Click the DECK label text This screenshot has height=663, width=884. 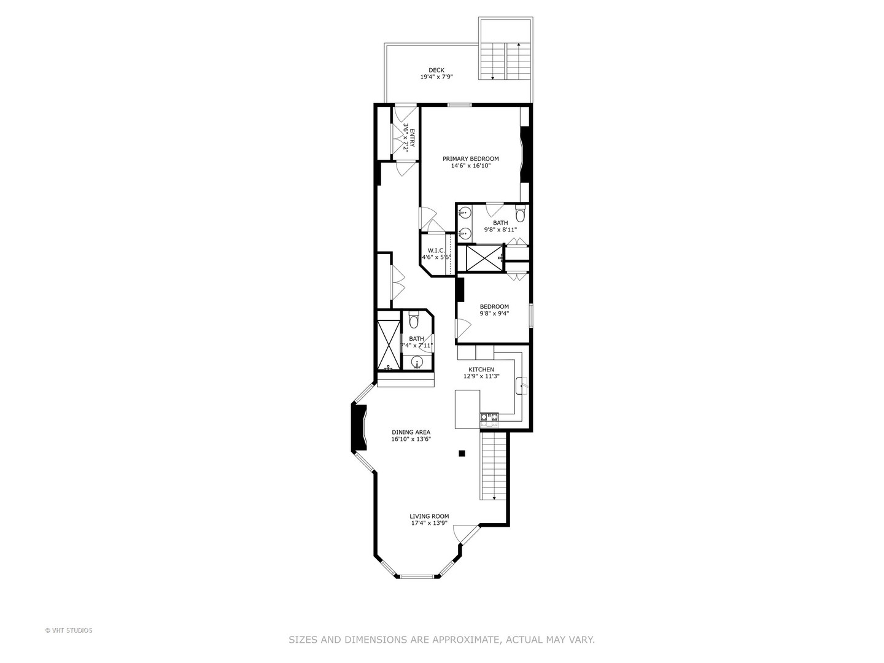tap(436, 70)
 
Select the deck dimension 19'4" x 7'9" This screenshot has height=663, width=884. tap(436, 77)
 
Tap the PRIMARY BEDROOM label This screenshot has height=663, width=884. tap(471, 159)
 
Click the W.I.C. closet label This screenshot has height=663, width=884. tap(436, 250)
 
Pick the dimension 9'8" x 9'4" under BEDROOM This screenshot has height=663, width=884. tap(494, 314)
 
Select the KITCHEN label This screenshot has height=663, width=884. tap(481, 370)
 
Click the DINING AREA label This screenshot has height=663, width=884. tap(411, 432)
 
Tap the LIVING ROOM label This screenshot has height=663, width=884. tap(429, 516)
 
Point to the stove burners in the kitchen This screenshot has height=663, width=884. tap(489, 419)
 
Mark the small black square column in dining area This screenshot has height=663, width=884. tap(462, 454)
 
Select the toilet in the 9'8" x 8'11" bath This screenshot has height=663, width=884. tap(520, 215)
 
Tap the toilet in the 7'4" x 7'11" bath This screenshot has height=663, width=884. tap(414, 320)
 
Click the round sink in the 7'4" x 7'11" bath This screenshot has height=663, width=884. tap(417, 362)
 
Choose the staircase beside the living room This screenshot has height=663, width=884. tap(494, 467)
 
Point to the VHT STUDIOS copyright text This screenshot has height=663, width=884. tap(69, 630)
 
